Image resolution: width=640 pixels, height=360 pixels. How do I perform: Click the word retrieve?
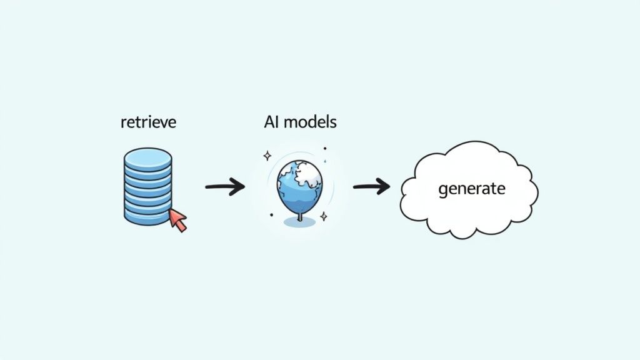click(x=147, y=121)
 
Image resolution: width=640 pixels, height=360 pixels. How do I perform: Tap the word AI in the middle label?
click(x=271, y=121)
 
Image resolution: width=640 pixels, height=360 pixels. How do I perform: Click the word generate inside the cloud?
click(x=471, y=188)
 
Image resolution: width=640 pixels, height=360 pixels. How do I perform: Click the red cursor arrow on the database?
click(x=178, y=219)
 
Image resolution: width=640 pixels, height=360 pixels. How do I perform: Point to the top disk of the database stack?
click(x=147, y=157)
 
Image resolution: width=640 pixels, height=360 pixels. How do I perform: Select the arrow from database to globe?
click(x=224, y=186)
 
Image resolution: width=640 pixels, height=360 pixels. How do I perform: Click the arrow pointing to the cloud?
click(x=371, y=186)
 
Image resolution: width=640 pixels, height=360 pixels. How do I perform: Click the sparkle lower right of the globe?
click(x=324, y=216)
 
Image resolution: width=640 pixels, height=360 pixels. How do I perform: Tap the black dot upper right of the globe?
click(x=325, y=149)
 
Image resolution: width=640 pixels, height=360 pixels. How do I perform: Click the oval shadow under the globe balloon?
click(x=299, y=222)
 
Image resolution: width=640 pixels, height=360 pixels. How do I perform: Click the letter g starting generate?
click(x=443, y=190)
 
